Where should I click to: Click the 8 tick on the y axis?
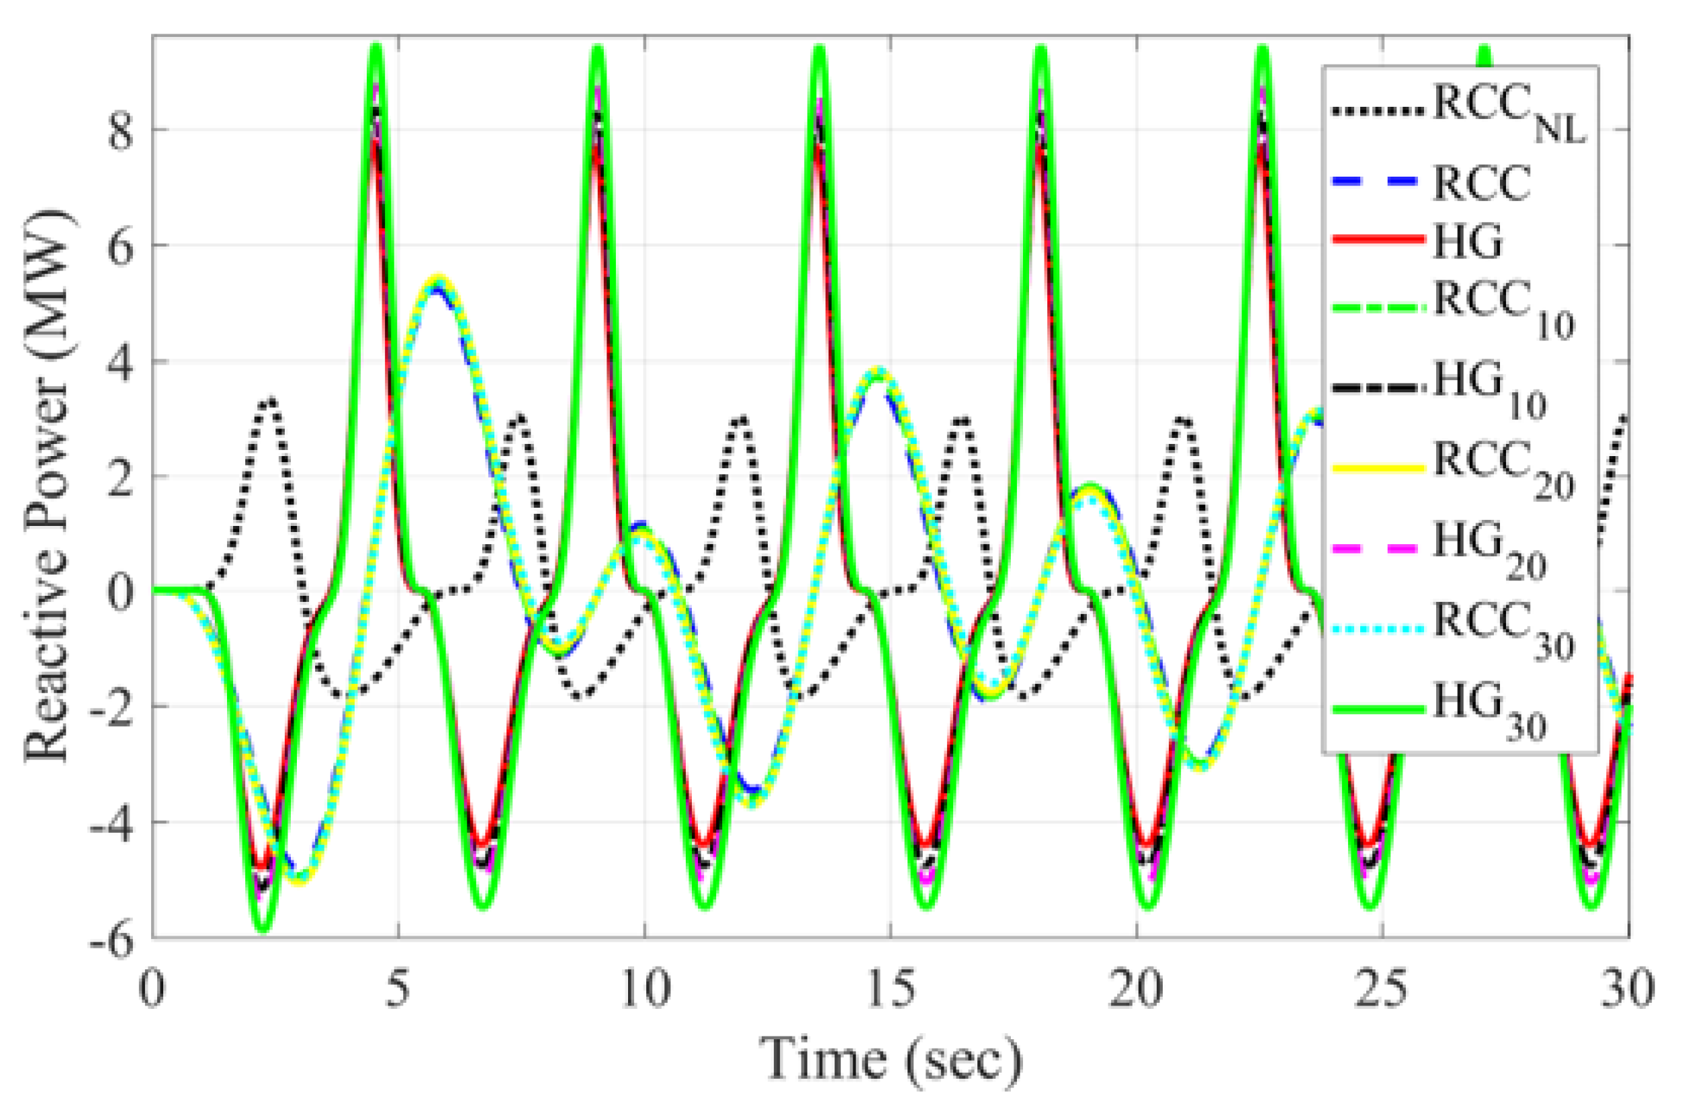[120, 132]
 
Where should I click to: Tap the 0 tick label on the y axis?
[120, 592]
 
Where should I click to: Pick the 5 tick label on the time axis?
[398, 989]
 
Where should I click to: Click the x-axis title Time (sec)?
[891, 1060]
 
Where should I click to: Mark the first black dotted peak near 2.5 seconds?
[271, 401]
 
